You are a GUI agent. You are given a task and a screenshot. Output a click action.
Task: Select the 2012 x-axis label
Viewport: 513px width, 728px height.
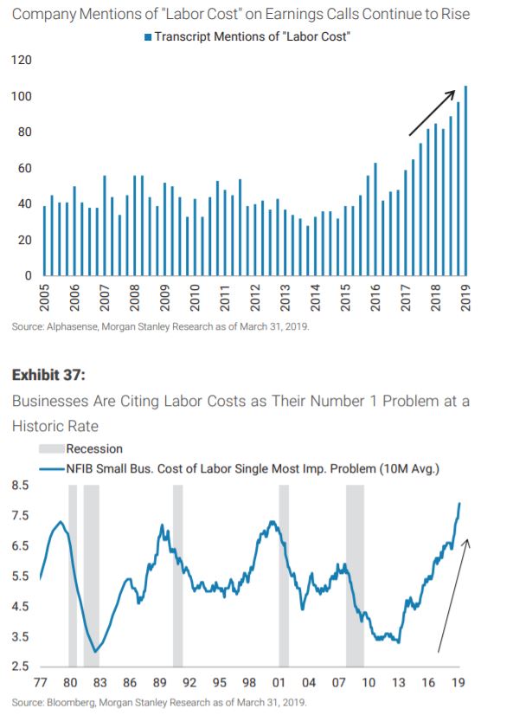[253, 298]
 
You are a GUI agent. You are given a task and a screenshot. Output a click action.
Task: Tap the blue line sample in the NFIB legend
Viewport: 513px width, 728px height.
[51, 469]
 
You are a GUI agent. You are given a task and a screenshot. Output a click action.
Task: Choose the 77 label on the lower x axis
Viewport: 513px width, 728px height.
[41, 682]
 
